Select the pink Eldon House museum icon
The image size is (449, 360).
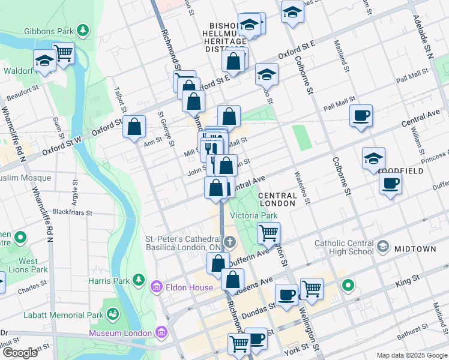pyautogui.click(x=157, y=287)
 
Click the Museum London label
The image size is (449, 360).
pyautogui.click(x=121, y=333)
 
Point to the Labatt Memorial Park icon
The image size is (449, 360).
pyautogui.click(x=112, y=314)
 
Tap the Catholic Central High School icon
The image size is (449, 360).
pyautogui.click(x=383, y=246)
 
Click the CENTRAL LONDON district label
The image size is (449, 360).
pyautogui.click(x=278, y=200)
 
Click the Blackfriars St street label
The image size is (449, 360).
pyautogui.click(x=72, y=212)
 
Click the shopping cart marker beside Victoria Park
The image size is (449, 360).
pyautogui.click(x=269, y=232)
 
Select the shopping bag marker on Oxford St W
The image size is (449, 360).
pyautogui.click(x=134, y=127)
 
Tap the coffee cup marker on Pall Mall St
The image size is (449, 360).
pyautogui.click(x=361, y=115)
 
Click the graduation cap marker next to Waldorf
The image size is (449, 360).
pyautogui.click(x=45, y=60)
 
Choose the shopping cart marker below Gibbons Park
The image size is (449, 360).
pyautogui.click(x=63, y=53)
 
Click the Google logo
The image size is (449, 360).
pyautogui.click(x=19, y=353)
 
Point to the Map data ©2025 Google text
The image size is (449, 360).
pyautogui.click(x=412, y=355)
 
